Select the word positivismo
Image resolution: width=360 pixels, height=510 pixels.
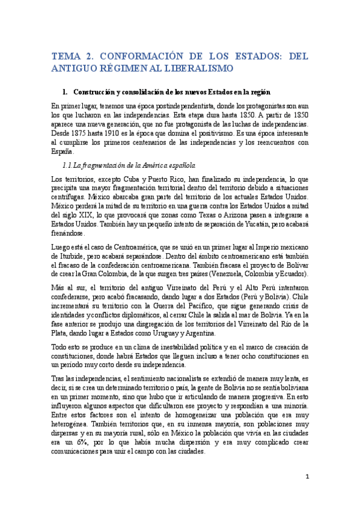point(229,132)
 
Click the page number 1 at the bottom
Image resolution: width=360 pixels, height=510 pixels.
point(307,478)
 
